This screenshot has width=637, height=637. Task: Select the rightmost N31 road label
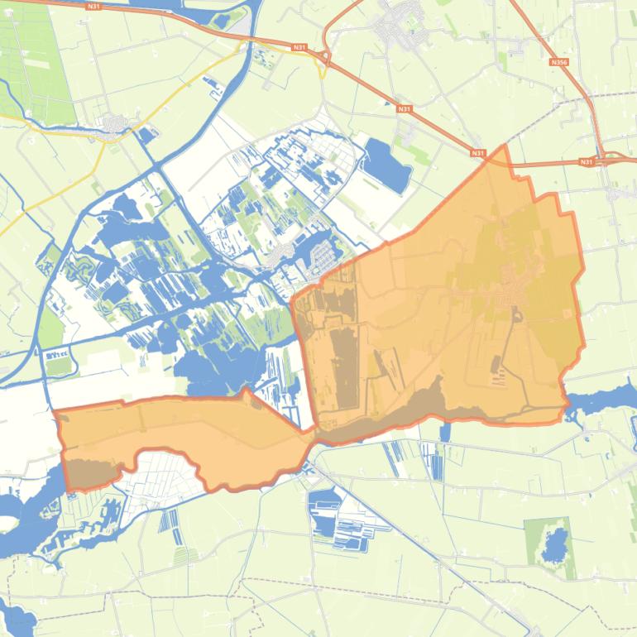(x=587, y=161)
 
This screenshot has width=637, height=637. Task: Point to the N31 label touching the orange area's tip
(x=477, y=153)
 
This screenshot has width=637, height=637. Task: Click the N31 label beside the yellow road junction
(x=299, y=48)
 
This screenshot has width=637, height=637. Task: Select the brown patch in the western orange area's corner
(x=89, y=473)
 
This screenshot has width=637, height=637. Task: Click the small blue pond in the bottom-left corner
(x=17, y=616)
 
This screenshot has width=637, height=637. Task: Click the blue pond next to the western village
(x=147, y=133)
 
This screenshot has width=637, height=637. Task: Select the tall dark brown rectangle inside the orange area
(x=341, y=368)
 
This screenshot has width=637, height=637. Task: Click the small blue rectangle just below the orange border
(x=445, y=431)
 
